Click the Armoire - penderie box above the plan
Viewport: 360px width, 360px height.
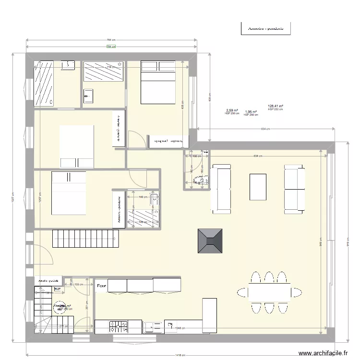[x=265, y=28]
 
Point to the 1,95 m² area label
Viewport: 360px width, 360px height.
[x=251, y=111]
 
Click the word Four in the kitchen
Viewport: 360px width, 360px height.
[x=101, y=287]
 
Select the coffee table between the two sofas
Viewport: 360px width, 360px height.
[x=258, y=187]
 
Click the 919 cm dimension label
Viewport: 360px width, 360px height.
[x=347, y=243]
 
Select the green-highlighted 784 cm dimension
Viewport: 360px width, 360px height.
[x=111, y=47]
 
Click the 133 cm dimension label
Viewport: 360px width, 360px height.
[x=78, y=284]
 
